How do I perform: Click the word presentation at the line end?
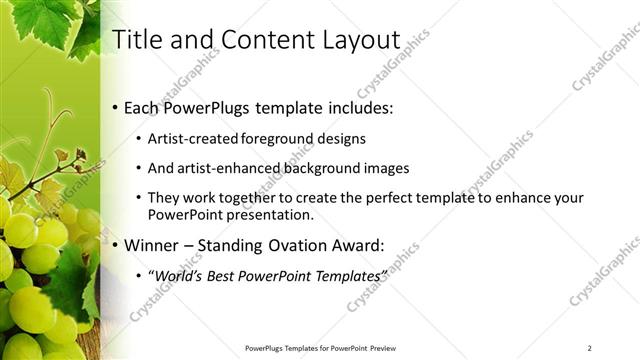pos(272,215)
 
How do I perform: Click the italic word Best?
pos(227,275)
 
